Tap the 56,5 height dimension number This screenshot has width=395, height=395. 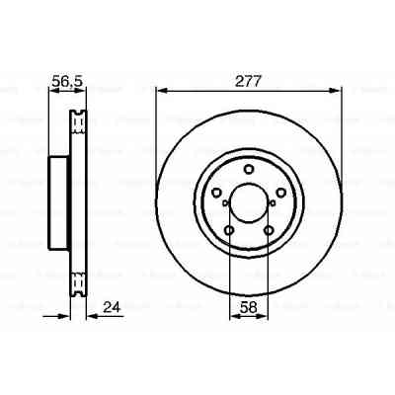click(x=65, y=81)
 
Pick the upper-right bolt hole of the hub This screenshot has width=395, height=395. click(x=281, y=191)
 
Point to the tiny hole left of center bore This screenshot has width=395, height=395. click(x=226, y=204)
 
